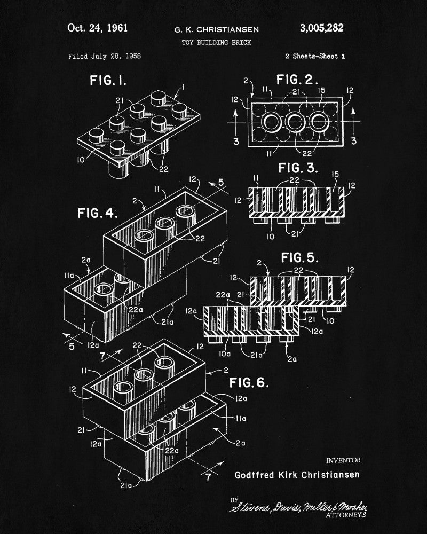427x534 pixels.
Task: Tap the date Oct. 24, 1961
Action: point(98,28)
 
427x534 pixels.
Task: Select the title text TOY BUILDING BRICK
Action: point(212,42)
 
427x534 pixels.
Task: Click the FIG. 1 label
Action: point(108,81)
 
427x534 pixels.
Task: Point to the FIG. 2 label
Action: point(297,81)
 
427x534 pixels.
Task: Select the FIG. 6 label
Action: point(249,382)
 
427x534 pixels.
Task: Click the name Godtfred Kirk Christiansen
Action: point(297,474)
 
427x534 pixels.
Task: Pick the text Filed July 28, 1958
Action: point(105,56)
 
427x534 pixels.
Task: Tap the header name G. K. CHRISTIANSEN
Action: point(212,29)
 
